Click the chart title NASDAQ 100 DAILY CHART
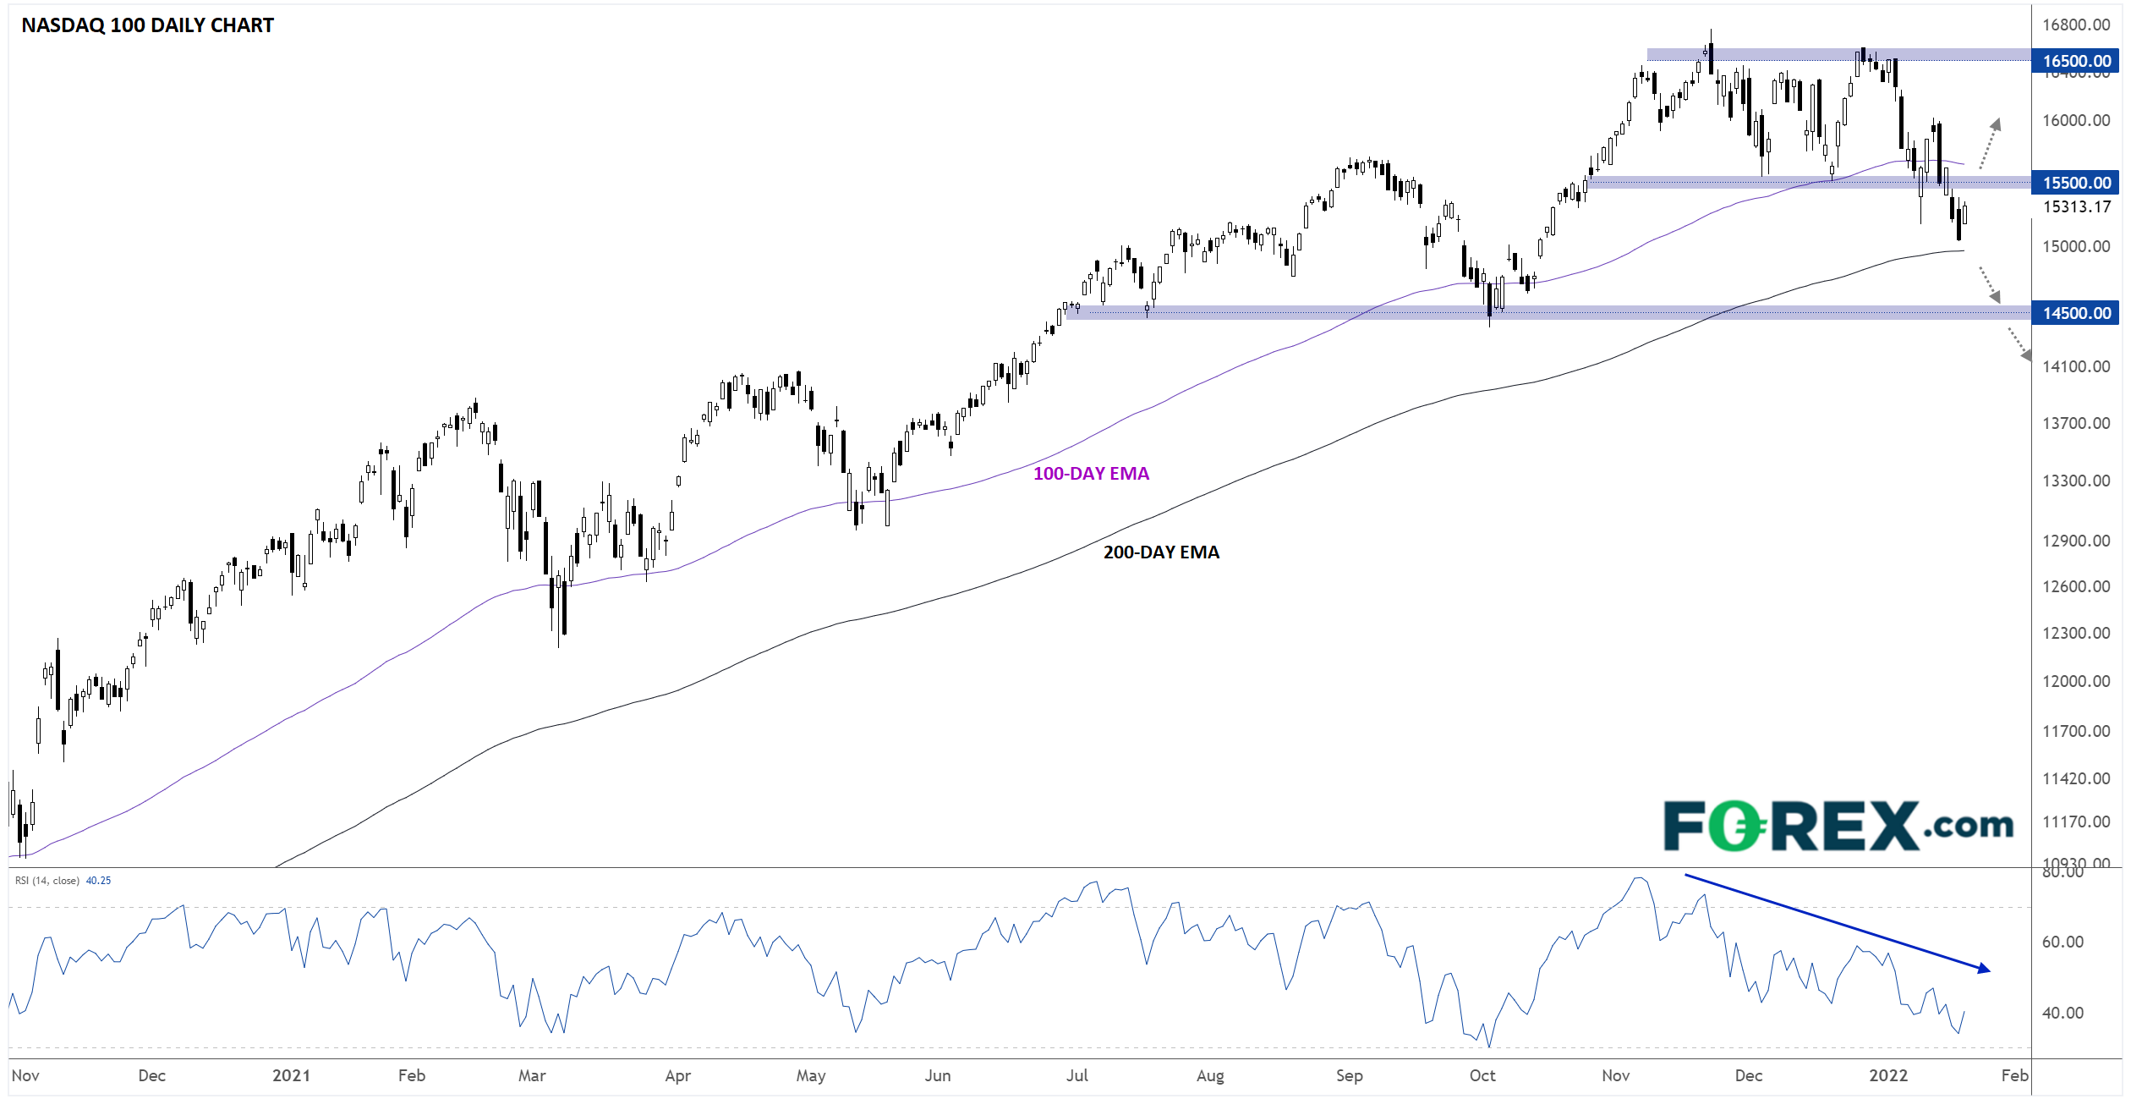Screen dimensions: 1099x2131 coord(147,25)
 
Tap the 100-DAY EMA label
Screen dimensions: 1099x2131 coord(1091,474)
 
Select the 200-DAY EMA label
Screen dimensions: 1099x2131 coord(1161,552)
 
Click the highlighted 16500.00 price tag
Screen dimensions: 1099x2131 coord(2076,61)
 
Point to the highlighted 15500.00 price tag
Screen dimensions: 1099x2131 coord(2076,183)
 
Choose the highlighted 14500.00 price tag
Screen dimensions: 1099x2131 coord(2076,313)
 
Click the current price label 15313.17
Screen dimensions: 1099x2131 coord(2076,206)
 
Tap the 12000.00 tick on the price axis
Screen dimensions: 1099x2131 coord(2076,681)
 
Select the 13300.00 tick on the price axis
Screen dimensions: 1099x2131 coord(2076,481)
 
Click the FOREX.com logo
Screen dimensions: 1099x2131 coord(1838,826)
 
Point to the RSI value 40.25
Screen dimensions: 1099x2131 coord(98,881)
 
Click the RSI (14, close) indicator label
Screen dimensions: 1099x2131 coord(47,881)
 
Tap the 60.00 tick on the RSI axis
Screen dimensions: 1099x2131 coord(2063,942)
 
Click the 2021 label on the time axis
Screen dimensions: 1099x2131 coord(291,1075)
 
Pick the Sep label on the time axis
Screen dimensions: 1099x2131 coord(1349,1075)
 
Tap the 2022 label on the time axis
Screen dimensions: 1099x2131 coord(1887,1075)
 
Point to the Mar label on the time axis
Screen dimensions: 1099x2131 coord(532,1075)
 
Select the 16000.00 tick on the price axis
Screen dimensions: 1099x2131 coord(2076,120)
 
